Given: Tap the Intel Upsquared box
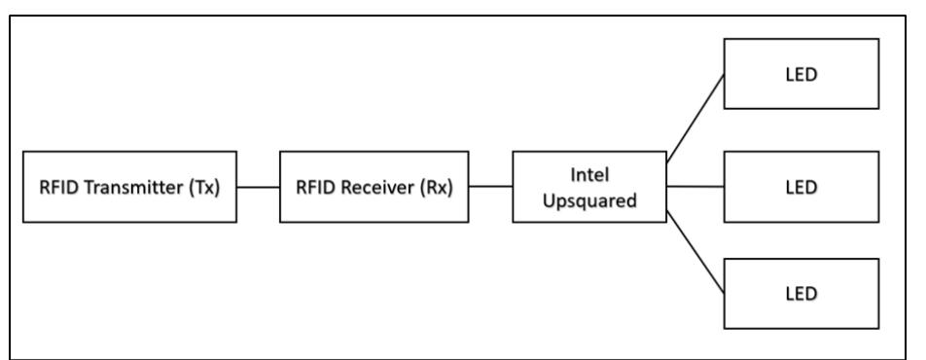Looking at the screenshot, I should coord(588,187).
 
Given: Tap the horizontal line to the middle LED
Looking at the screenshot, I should coord(694,187).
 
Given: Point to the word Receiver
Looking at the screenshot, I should coord(382,188).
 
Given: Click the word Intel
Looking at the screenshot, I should coord(588,176).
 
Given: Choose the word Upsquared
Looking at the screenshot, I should coord(588,198).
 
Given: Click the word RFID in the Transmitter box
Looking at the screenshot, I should coord(54,188).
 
